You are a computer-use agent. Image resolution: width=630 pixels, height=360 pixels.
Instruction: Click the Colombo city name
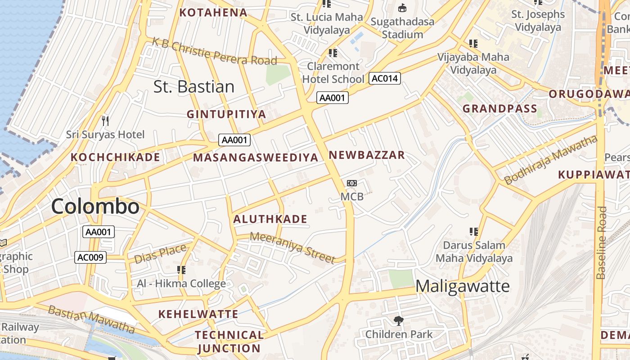coord(95,207)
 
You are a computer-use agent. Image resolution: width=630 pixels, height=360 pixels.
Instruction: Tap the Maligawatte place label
coord(462,286)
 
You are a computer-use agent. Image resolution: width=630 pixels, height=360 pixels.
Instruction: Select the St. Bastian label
coord(194,86)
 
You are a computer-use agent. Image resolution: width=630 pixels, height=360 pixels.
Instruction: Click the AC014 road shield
coord(385,78)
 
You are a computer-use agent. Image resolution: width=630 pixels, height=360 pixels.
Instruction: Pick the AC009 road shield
coord(90,257)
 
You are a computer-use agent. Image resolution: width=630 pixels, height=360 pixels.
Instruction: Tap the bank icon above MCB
coord(352,183)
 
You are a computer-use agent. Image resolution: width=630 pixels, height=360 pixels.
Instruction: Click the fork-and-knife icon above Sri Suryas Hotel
coord(105,121)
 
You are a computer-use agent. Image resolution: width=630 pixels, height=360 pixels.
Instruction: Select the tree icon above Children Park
coord(398,321)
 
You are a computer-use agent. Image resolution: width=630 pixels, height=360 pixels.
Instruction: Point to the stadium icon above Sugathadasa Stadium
coord(402,8)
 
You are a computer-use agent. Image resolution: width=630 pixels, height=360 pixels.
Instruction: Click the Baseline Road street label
coord(601,243)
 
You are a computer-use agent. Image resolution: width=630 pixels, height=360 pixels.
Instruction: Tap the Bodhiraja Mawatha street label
coord(550,160)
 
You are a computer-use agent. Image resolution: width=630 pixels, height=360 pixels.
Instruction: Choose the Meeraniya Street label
coord(292,247)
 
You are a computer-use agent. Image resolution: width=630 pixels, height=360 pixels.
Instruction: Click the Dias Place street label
coord(160,254)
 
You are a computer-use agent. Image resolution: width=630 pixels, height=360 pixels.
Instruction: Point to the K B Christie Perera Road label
coord(214,51)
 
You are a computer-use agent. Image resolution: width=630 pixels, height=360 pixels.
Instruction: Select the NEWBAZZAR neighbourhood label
coord(367,155)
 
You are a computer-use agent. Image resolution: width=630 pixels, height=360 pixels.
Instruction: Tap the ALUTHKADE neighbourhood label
coord(270,219)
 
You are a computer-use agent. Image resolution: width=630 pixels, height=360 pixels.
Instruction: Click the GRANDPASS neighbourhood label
coord(500,108)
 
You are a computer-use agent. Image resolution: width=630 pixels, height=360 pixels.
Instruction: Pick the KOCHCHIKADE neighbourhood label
coord(115,157)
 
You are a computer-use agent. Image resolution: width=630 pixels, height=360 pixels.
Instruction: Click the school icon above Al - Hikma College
coord(181,270)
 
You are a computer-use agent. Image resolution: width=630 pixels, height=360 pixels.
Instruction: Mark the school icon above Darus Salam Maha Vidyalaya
coord(473,232)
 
